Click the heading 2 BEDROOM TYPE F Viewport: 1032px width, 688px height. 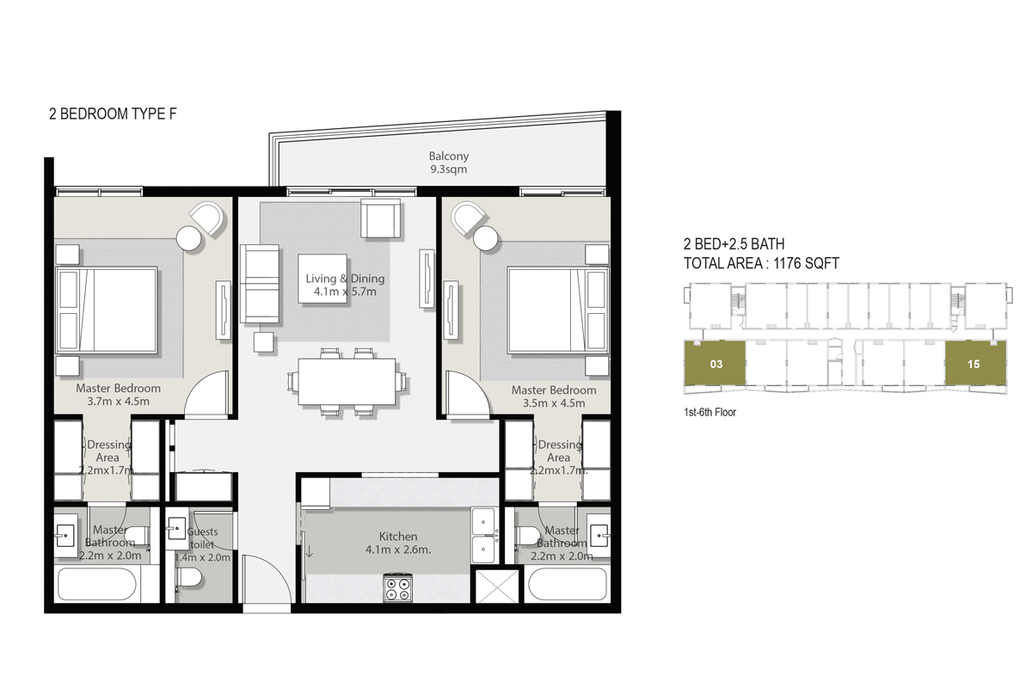click(114, 113)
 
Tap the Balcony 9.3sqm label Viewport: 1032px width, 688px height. click(449, 163)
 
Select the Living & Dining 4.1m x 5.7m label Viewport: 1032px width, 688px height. click(345, 285)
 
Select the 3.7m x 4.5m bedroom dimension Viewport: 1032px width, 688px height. click(119, 402)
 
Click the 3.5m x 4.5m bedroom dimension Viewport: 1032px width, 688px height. click(554, 403)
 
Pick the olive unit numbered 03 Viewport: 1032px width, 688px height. click(716, 364)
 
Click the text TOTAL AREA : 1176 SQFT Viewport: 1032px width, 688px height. click(760, 264)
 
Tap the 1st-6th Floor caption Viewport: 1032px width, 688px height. click(709, 413)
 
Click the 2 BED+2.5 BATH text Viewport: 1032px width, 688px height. click(733, 244)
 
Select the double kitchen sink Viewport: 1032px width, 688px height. click(483, 534)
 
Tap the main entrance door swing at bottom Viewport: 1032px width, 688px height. click(265, 581)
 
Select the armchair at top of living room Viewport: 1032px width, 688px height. click(381, 218)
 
